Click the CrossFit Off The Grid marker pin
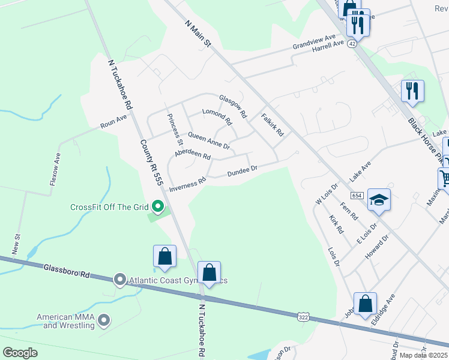(158, 207)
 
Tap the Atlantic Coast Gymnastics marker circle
(119, 280)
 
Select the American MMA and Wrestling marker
(104, 321)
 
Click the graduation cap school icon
(379, 199)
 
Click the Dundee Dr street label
(242, 172)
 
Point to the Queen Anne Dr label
(209, 141)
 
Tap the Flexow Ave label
(55, 169)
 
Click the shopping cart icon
(445, 178)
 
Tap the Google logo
(20, 353)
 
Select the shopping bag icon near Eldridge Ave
(365, 304)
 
